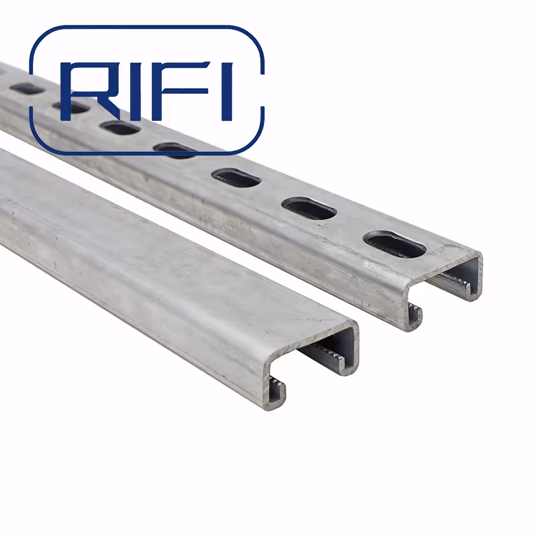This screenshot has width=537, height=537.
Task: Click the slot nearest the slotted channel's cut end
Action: coord(394,244)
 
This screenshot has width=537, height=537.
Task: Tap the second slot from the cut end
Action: coord(308,208)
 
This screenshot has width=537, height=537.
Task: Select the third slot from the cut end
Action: coord(236,178)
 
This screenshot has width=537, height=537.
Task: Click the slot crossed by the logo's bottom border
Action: coord(174,150)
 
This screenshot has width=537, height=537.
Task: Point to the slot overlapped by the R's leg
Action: coord(121,127)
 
